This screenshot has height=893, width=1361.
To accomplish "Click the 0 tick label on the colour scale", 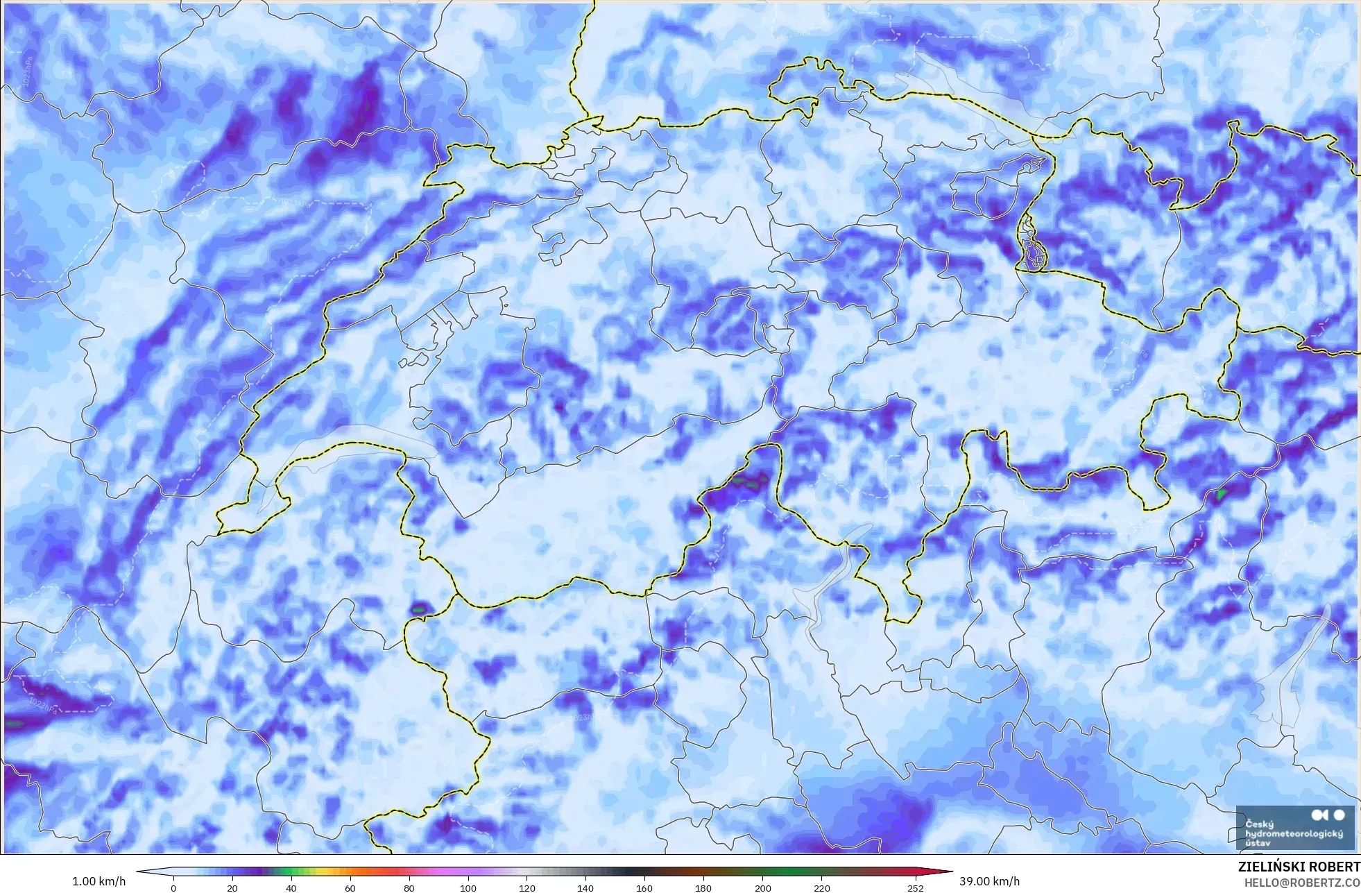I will coord(173,888).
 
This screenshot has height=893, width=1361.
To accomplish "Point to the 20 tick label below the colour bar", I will coord(232,888).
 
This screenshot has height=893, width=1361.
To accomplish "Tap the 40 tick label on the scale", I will coord(291,888).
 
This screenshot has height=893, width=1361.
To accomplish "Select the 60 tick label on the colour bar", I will coord(350,888).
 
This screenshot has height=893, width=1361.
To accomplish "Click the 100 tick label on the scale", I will coord(468,888).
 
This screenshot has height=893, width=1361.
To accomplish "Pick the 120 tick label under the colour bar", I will coord(527,888).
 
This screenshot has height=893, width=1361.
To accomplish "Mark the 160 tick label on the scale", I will coord(644,888).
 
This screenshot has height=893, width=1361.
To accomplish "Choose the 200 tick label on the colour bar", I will coord(762,888).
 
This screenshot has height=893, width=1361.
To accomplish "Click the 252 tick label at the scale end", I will coord(916,888).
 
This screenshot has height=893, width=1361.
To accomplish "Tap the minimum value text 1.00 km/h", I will coord(99,881).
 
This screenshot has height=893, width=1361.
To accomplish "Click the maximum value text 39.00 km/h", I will coord(989,881).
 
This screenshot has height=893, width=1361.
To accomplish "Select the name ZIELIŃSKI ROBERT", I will coord(1299,867).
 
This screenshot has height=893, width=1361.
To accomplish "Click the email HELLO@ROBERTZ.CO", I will coord(1302,883).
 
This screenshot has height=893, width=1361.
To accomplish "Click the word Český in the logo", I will coord(1259,824).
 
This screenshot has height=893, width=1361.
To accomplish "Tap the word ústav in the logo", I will coord(1258,843).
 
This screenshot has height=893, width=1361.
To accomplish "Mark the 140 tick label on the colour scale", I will coord(585,888).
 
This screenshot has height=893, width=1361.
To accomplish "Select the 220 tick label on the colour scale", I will coord(821,888).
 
